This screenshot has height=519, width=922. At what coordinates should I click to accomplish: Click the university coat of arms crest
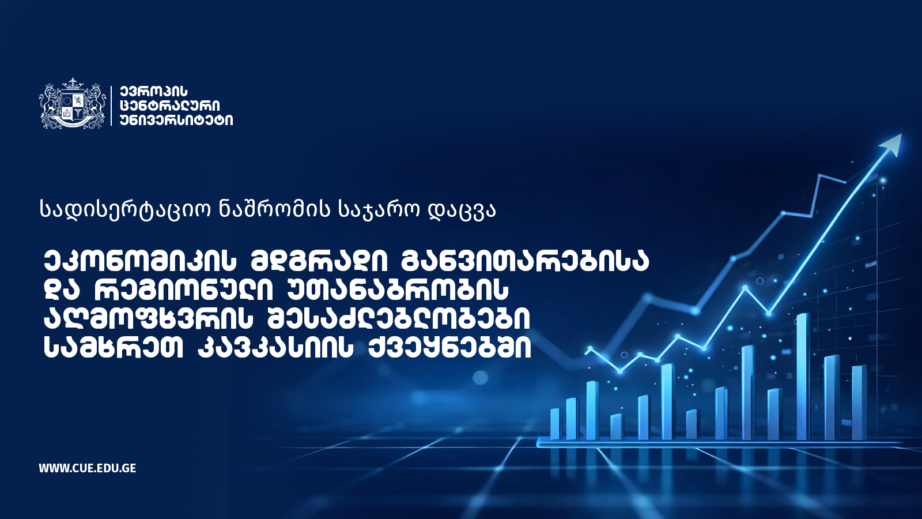click(73, 103)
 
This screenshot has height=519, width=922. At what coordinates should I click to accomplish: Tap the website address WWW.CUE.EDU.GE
click(87, 468)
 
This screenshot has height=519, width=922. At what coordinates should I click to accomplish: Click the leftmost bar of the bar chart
click(556, 424)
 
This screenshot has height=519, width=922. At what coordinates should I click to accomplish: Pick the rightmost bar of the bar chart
click(859, 402)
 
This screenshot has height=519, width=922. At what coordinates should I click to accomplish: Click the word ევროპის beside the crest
click(153, 92)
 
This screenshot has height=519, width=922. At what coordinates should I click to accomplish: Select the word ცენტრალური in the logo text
click(169, 106)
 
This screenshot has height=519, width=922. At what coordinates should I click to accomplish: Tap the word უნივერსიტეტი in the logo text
click(176, 120)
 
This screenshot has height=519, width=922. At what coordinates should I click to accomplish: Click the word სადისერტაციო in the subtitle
click(125, 210)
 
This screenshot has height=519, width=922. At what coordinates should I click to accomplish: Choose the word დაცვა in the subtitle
click(462, 210)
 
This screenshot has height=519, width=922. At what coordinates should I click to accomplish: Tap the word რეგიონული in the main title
click(184, 291)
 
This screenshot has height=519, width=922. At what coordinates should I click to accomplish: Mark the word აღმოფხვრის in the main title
click(149, 319)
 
